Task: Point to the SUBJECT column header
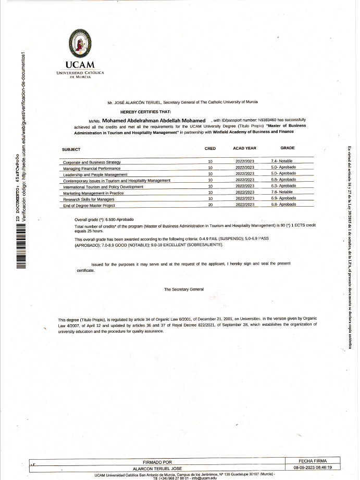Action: [71, 149]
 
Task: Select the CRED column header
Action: [210, 148]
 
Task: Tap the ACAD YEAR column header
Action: [244, 148]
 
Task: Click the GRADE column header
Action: [287, 148]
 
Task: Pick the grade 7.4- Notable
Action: [282, 161]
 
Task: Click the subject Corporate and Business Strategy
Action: [92, 162]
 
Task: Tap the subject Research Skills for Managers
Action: [89, 199]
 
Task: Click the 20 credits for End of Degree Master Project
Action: [210, 205]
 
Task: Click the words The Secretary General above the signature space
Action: [184, 289]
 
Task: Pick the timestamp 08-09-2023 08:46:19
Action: [313, 468]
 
